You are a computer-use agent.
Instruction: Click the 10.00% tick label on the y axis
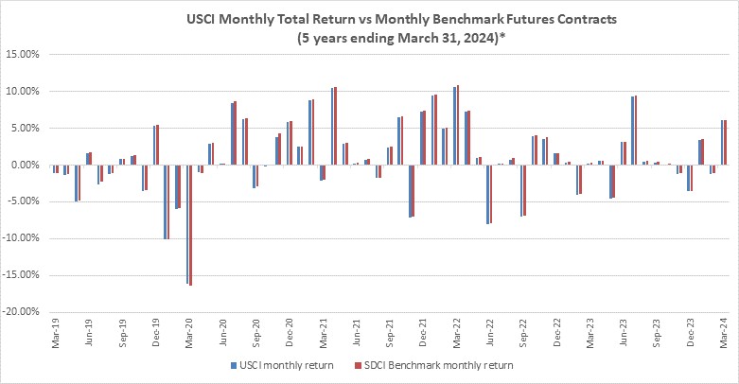pyautogui.click(x=22, y=92)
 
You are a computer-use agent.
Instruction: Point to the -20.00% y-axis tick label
pyautogui.click(x=20, y=312)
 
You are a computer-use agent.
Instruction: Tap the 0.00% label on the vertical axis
pyautogui.click(x=25, y=165)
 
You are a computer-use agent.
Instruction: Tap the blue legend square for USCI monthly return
pyautogui.click(x=234, y=366)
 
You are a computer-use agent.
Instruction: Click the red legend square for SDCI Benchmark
pyautogui.click(x=358, y=366)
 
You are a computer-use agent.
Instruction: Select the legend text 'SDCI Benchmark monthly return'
pyautogui.click(x=439, y=366)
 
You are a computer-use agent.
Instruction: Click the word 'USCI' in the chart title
pyautogui.click(x=202, y=20)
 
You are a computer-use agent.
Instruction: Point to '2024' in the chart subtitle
pyautogui.click(x=482, y=38)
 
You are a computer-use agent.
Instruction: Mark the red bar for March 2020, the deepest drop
pyautogui.click(x=190, y=225)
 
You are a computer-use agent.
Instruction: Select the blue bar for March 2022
pyautogui.click(x=455, y=126)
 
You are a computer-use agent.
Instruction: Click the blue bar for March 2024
pyautogui.click(x=722, y=142)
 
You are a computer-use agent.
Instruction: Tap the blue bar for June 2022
pyautogui.click(x=488, y=194)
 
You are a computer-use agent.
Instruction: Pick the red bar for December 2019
pyautogui.click(x=157, y=145)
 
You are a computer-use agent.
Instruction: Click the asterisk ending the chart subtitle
pyautogui.click(x=502, y=35)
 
